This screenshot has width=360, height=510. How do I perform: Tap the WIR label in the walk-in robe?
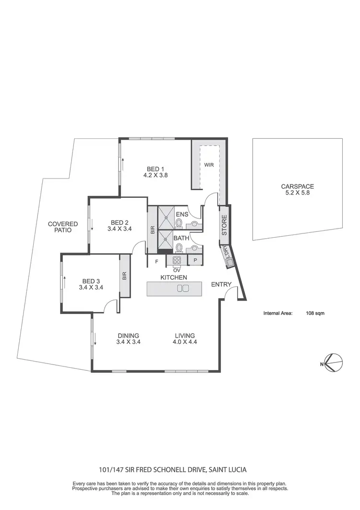click(x=209, y=165)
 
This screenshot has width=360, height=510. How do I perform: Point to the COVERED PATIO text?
click(x=62, y=227)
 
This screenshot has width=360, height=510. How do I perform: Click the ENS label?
click(x=182, y=214)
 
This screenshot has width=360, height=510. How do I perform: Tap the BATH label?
click(x=181, y=238)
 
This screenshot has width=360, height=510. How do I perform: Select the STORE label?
click(x=224, y=224)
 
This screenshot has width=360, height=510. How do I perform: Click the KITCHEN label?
click(x=173, y=278)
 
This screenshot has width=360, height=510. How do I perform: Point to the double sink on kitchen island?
click(x=183, y=288)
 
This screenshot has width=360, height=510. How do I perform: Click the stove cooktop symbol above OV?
click(x=176, y=260)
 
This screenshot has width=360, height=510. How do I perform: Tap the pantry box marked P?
click(x=195, y=260)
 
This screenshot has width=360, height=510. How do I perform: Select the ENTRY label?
click(x=221, y=284)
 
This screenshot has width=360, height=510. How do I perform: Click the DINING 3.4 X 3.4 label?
click(x=128, y=339)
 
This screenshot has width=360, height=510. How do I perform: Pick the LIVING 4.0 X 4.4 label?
click(x=184, y=339)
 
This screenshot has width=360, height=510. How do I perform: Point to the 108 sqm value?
click(x=315, y=313)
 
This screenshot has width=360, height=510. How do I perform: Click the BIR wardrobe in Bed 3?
click(x=124, y=276)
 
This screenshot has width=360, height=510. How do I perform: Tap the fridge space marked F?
click(x=156, y=261)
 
